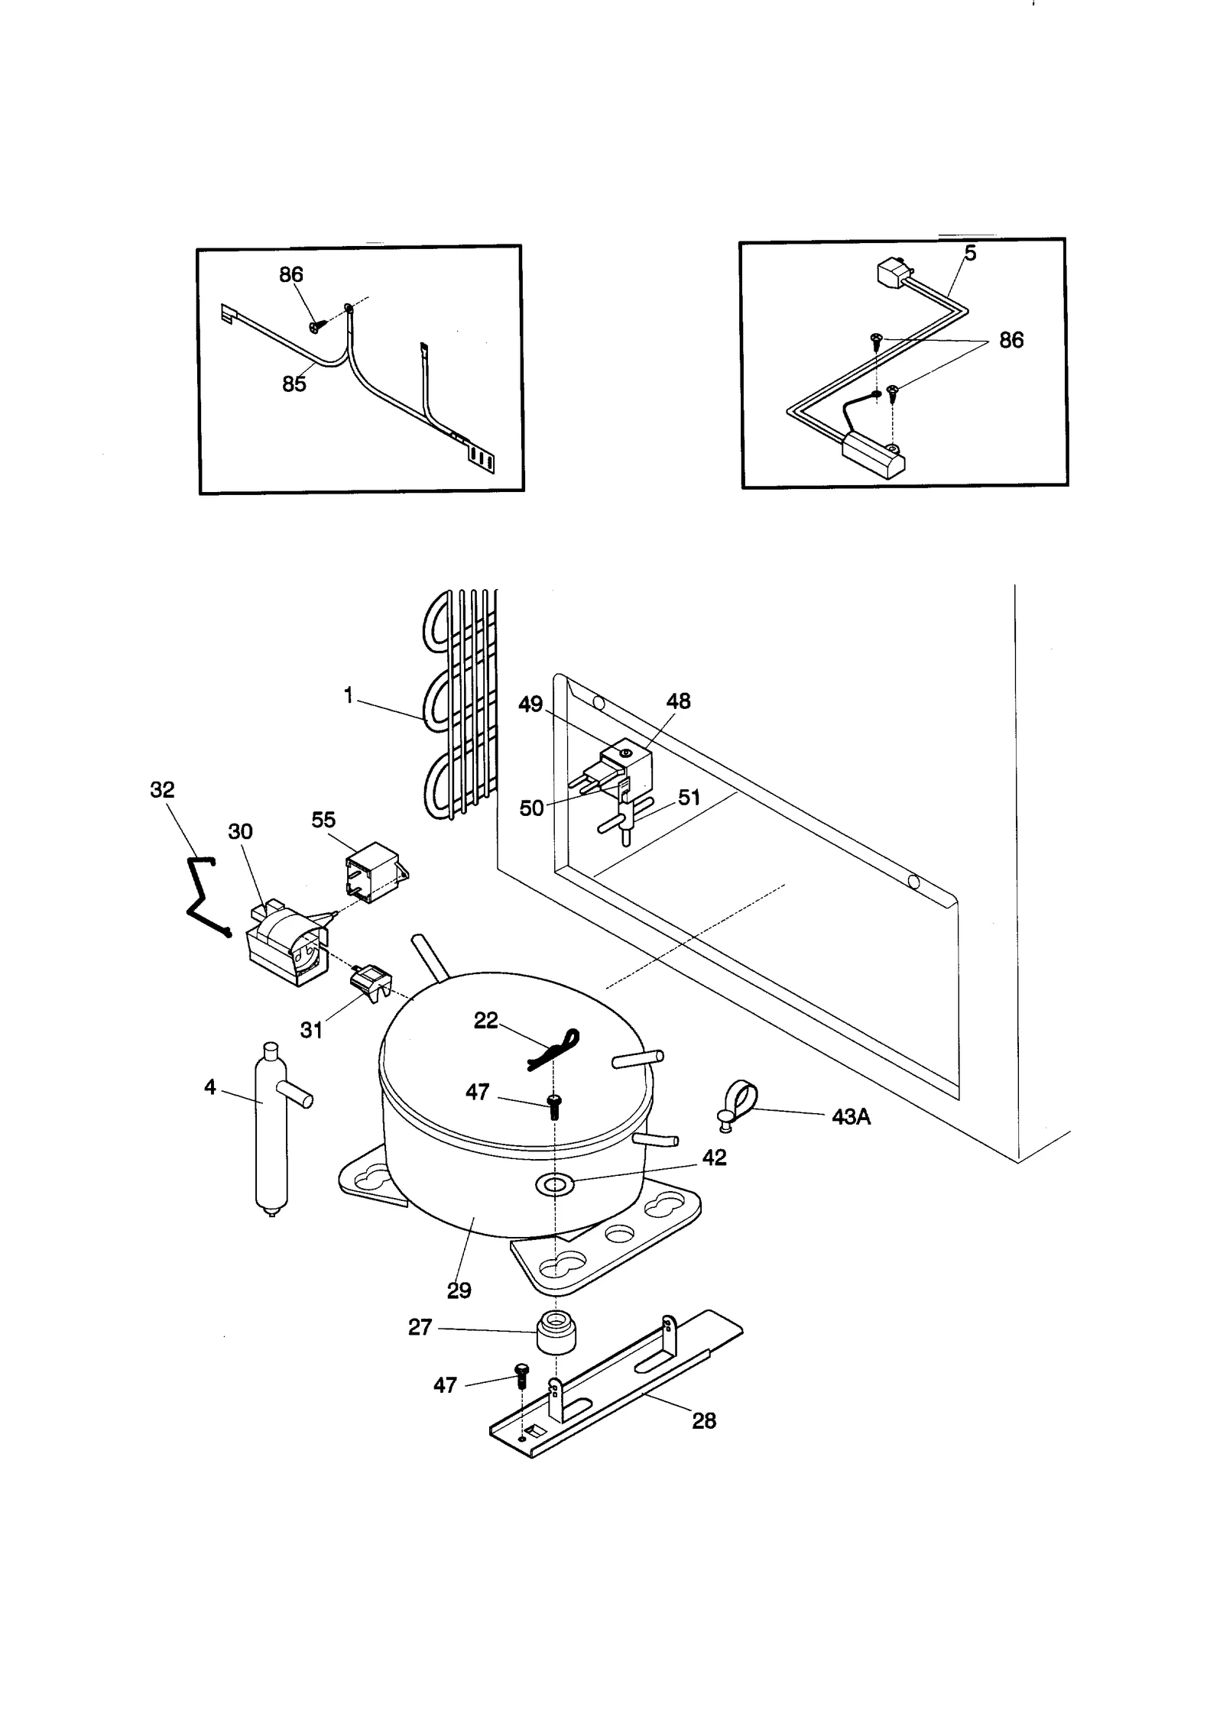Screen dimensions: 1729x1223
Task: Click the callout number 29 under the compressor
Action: point(459,1290)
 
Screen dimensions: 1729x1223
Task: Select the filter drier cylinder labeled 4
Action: point(269,1131)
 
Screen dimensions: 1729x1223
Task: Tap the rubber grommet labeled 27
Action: point(557,1333)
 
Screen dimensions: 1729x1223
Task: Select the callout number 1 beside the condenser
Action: point(348,696)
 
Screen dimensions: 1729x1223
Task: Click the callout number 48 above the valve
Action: point(678,701)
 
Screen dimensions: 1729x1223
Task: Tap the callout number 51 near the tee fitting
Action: point(689,798)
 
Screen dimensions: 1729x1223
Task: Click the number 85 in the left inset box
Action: point(294,384)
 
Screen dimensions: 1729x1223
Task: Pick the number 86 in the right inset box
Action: point(1011,341)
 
